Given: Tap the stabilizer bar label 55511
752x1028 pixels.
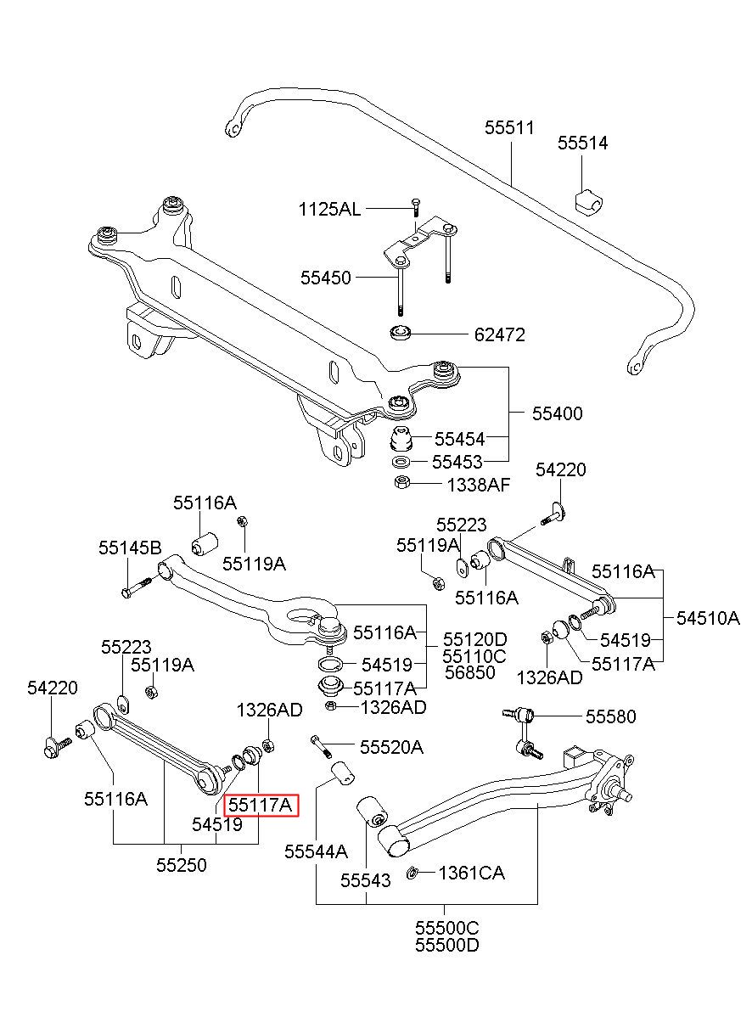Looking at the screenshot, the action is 510,127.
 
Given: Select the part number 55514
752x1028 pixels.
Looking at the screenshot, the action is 583,143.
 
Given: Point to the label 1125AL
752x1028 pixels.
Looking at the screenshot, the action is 329,210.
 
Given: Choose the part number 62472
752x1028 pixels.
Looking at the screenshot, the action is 500,335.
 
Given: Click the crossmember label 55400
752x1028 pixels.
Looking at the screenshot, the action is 557,413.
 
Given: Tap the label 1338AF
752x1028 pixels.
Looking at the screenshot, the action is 479,485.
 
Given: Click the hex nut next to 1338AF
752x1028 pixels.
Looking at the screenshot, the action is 401,482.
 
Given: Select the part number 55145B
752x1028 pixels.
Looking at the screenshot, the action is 131,548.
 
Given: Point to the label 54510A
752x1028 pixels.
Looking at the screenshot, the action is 708,619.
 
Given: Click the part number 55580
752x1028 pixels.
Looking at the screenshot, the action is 611,730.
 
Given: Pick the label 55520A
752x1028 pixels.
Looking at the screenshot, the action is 391,748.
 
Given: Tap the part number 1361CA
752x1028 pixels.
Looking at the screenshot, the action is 472,873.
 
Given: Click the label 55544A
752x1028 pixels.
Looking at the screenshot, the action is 316,851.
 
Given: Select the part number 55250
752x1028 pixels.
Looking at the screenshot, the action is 182,866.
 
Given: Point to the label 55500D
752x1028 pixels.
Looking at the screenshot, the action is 447,946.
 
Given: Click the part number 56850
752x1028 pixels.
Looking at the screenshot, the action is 470,673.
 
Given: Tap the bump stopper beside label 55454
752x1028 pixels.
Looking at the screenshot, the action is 401,439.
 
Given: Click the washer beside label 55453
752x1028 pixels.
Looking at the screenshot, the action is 402,461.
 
